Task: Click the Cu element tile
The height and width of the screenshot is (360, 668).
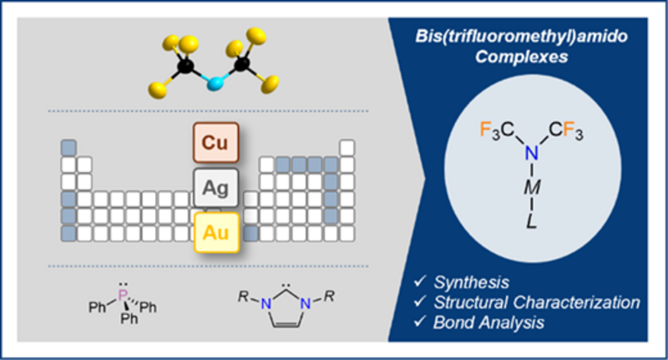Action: [x=215, y=143]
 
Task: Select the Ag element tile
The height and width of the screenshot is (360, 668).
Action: [x=215, y=188]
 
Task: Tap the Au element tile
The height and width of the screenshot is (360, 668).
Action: [x=216, y=232]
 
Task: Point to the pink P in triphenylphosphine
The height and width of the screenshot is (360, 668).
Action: [x=123, y=295]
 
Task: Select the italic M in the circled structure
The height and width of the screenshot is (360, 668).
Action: [x=532, y=187]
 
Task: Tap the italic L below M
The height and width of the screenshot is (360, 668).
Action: [x=531, y=221]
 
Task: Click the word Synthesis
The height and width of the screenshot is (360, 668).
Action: [x=471, y=282]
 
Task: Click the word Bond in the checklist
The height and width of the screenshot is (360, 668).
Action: [x=452, y=322]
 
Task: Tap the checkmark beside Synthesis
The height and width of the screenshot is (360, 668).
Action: [x=420, y=281]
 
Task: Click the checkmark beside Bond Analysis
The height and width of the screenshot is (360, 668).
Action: [x=420, y=321]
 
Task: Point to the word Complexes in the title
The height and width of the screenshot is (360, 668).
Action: [x=521, y=57]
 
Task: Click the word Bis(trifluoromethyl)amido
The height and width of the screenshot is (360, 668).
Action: [x=521, y=36]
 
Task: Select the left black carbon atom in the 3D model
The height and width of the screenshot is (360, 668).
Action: [x=185, y=66]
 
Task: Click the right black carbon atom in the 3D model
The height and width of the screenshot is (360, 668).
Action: [x=242, y=63]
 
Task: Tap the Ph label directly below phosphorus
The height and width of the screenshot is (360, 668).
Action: [x=129, y=318]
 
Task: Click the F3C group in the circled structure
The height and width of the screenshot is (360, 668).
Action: [x=497, y=130]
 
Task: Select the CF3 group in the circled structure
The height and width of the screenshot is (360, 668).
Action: [x=566, y=130]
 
